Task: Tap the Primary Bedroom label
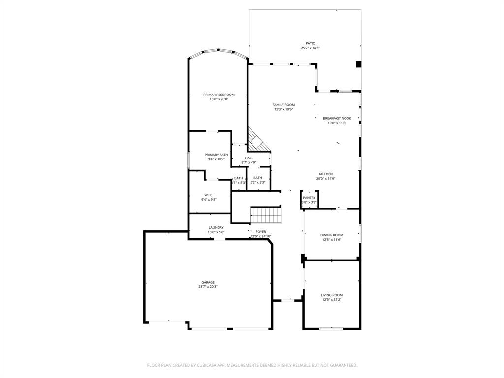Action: [219, 94]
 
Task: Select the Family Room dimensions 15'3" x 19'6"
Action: [283, 109]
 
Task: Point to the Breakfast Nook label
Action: [337, 118]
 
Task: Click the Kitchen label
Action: [326, 174]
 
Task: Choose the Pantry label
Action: [309, 198]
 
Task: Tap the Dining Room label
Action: [332, 235]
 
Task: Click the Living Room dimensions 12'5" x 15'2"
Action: [332, 300]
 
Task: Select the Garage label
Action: [208, 282]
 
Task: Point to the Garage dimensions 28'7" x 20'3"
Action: [208, 286]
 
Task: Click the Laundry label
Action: [216, 227]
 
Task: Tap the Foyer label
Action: [261, 231]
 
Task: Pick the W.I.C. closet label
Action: [209, 195]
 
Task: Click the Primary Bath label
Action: [216, 155]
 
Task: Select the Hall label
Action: [249, 158]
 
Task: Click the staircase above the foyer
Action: [265, 215]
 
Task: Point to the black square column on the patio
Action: [358, 63]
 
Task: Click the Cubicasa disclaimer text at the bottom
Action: [252, 365]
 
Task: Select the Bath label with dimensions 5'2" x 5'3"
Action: [258, 178]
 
